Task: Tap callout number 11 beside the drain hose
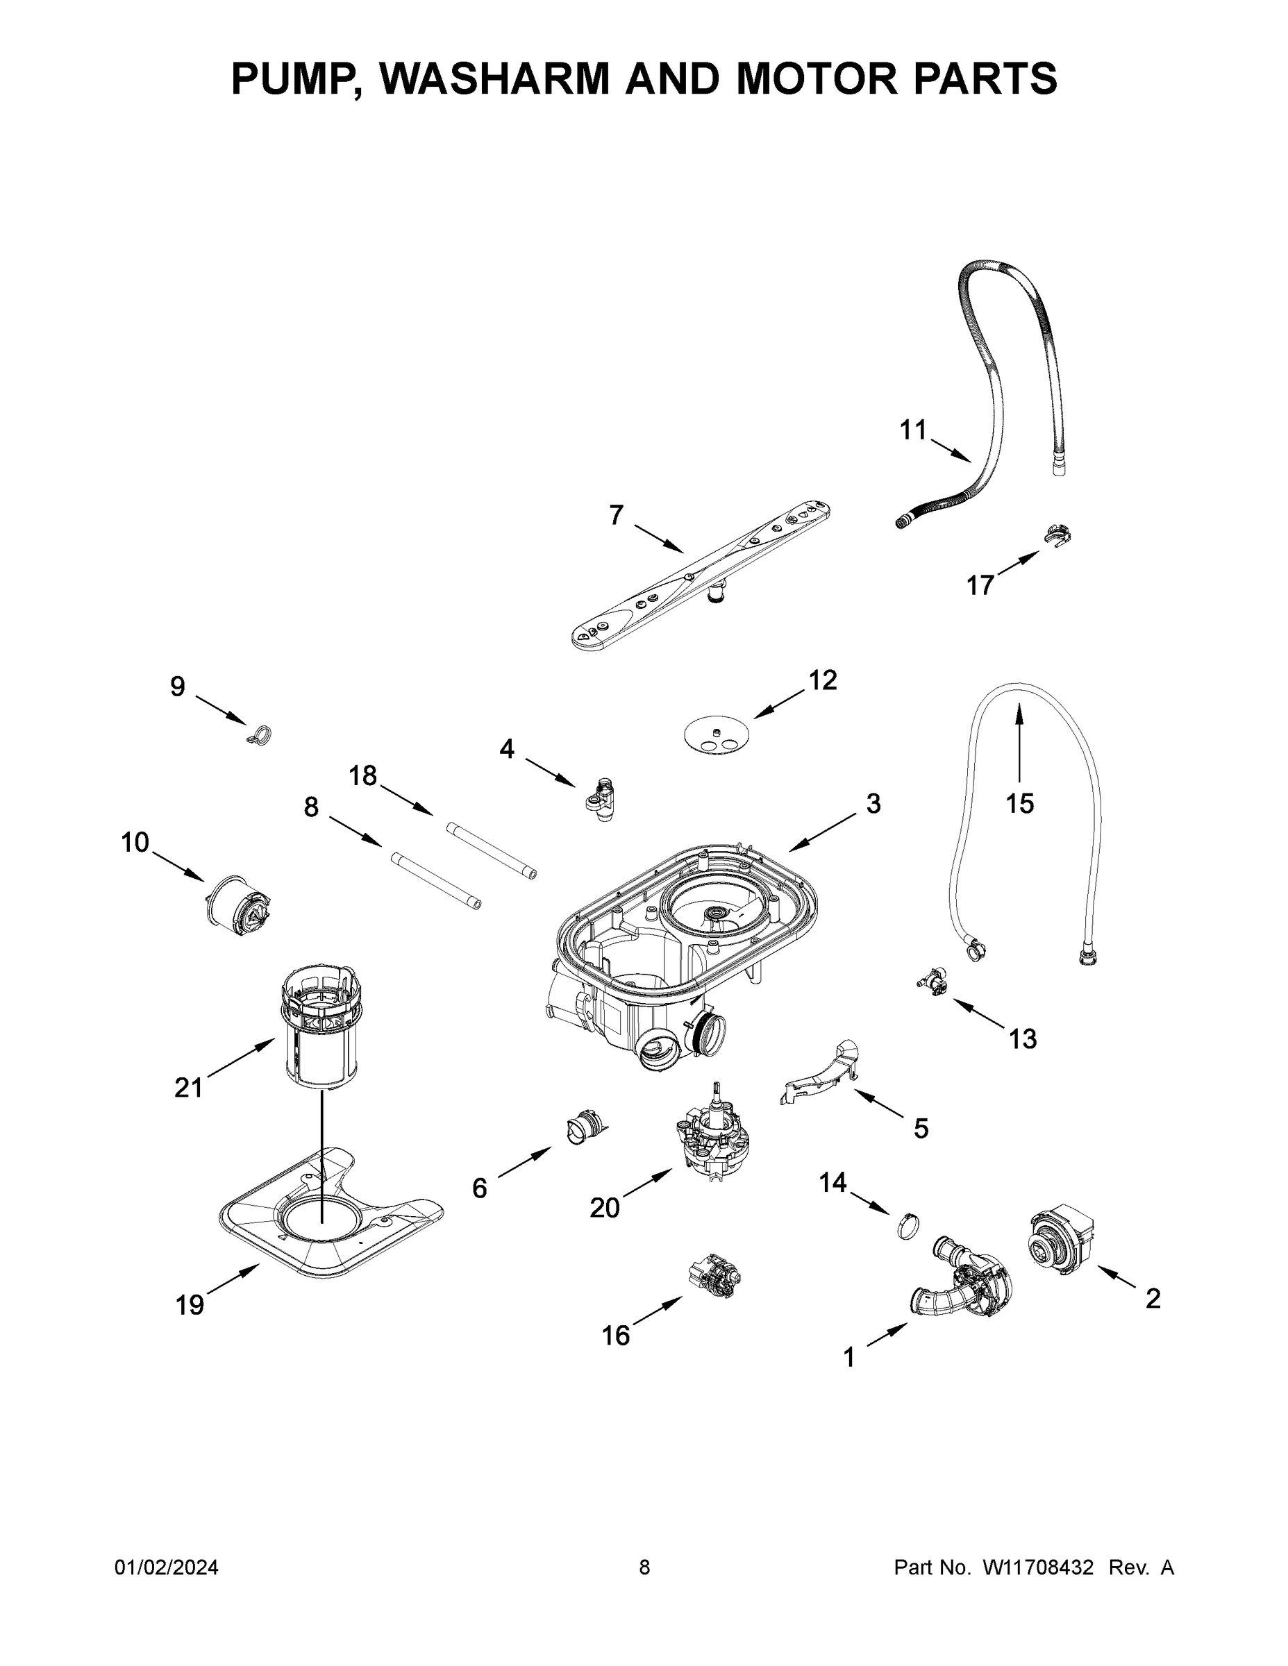(x=912, y=431)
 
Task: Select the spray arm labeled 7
(x=701, y=576)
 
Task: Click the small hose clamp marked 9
(x=260, y=735)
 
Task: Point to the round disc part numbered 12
(x=716, y=734)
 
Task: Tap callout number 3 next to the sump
(x=873, y=803)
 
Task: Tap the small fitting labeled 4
(x=601, y=799)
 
